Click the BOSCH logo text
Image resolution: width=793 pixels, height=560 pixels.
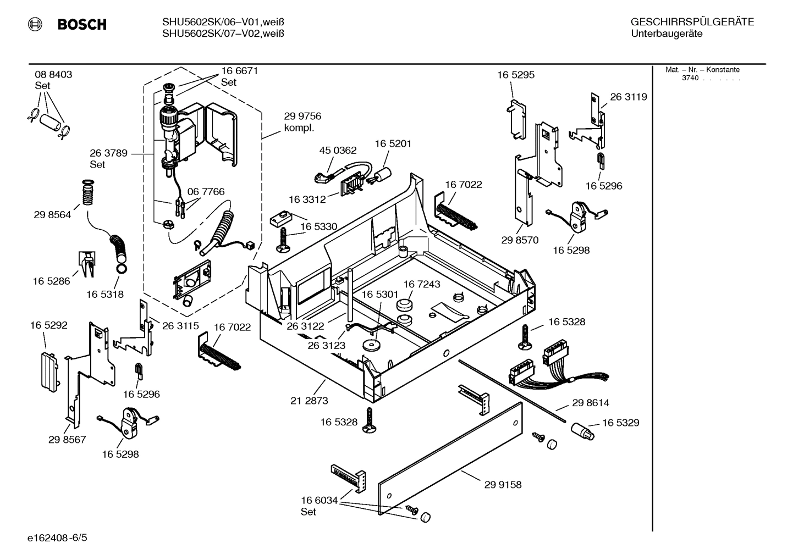81,25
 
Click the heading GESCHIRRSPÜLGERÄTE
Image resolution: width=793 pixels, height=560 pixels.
692,23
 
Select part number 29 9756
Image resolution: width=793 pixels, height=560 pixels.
302,117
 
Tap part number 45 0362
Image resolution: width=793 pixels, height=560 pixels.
338,151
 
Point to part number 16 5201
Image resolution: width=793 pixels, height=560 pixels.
393,143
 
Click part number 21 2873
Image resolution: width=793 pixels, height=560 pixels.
309,401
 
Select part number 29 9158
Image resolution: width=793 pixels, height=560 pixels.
503,485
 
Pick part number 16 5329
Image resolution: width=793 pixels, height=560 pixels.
620,423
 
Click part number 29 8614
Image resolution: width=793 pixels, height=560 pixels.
591,403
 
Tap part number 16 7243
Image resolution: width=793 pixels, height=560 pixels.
422,284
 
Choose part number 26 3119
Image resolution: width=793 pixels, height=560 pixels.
629,97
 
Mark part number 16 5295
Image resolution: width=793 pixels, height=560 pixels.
516,75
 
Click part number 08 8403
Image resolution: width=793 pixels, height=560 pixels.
53,75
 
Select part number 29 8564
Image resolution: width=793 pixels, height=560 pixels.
52,215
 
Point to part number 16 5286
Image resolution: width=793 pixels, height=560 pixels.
51,281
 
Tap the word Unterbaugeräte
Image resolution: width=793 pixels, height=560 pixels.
667,34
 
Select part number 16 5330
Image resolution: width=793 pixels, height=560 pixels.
318,226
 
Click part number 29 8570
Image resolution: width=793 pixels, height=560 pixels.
520,240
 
